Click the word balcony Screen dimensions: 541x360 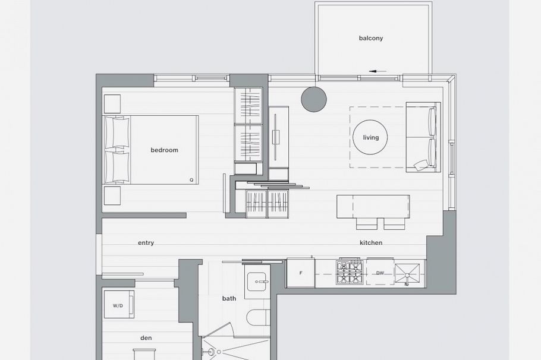[371, 38]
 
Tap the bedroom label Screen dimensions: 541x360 [164, 150]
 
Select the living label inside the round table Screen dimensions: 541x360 [371, 138]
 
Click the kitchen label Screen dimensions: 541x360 [371, 243]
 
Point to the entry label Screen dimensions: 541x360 [146, 243]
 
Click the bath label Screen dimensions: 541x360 [229, 298]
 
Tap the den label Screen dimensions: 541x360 [146, 338]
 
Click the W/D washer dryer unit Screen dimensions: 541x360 [119, 304]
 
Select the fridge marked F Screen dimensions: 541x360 [300, 273]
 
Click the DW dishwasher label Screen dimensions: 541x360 [380, 273]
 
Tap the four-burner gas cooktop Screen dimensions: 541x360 [350, 271]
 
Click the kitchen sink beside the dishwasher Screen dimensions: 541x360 [407, 275]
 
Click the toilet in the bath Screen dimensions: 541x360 [259, 317]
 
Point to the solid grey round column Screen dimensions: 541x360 [314, 99]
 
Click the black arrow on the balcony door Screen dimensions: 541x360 [378, 71]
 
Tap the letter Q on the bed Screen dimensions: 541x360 [191, 180]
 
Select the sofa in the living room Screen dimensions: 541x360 [423, 137]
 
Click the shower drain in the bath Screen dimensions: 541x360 [219, 352]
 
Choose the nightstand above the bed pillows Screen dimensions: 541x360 [112, 104]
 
